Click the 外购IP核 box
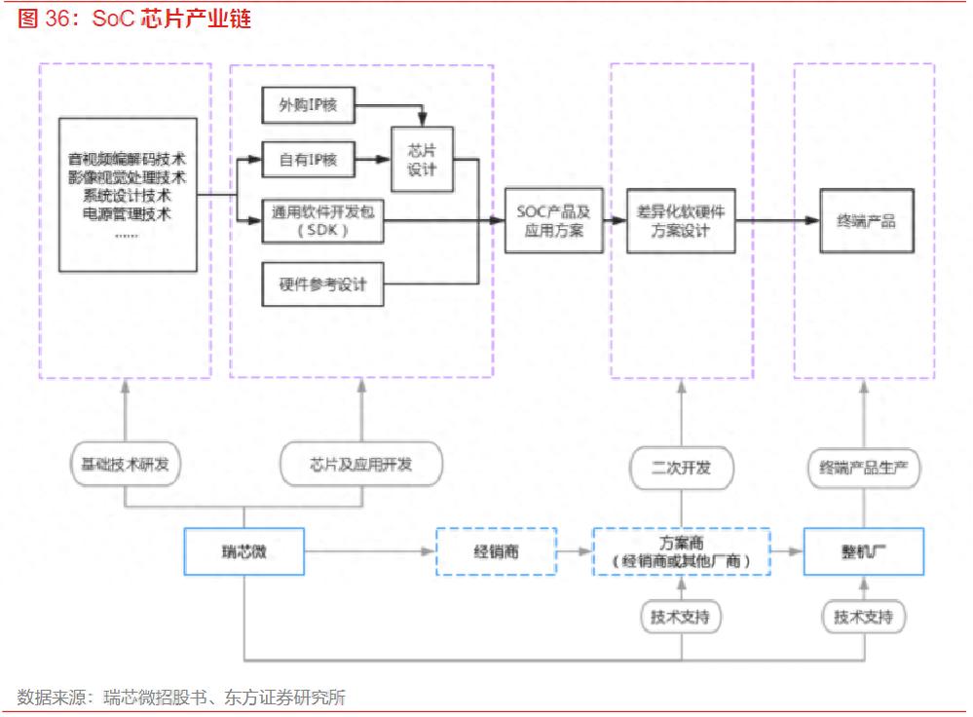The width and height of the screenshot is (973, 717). tap(309, 105)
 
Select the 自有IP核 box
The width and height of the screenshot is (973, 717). tap(309, 158)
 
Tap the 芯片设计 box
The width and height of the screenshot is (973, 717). tap(422, 159)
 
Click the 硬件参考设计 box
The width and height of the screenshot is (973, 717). tap(322, 284)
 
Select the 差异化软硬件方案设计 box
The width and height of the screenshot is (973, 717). tap(681, 222)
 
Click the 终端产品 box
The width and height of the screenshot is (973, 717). tap(866, 222)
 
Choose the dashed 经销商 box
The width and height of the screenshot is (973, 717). tap(496, 551)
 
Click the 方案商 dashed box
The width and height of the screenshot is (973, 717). tap(681, 551)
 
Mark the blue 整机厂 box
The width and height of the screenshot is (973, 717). tap(863, 551)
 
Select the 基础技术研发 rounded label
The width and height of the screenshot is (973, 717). tap(126, 464)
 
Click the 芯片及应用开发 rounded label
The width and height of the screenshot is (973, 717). tap(361, 464)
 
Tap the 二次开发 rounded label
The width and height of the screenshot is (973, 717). tap(681, 467)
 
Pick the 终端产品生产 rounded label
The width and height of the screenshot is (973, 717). tap(864, 467)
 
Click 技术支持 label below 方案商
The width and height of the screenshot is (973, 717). tap(681, 617)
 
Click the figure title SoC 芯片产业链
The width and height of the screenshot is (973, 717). tap(135, 19)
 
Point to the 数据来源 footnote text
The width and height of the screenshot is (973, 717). tap(181, 698)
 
